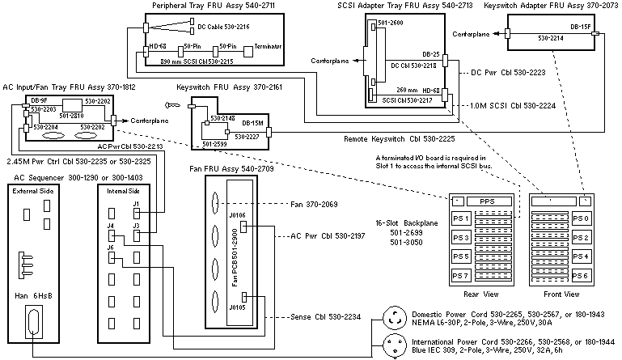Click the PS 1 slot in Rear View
click(x=463, y=218)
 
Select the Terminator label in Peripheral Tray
click(x=268, y=47)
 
